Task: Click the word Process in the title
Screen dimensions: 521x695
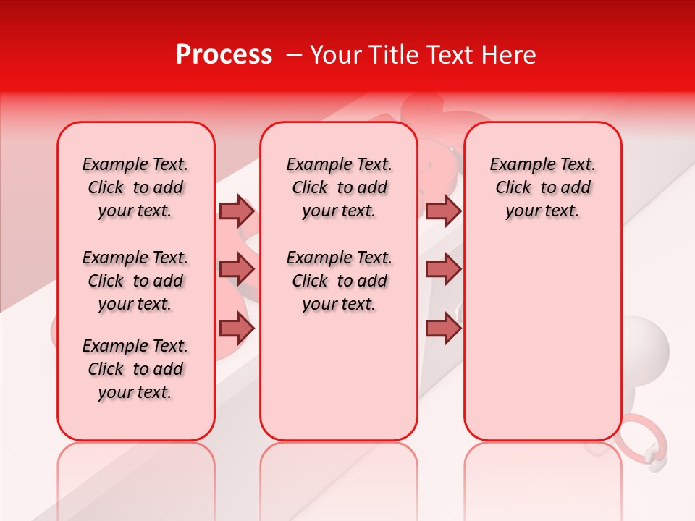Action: pyautogui.click(x=224, y=55)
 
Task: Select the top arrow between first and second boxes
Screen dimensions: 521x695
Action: pyautogui.click(x=237, y=211)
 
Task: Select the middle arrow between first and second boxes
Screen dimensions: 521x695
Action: pyautogui.click(x=237, y=269)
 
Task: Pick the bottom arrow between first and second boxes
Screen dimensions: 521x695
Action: pyautogui.click(x=237, y=328)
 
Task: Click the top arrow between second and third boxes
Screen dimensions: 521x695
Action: pyautogui.click(x=443, y=211)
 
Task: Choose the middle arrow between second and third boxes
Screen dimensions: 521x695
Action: pyautogui.click(x=443, y=269)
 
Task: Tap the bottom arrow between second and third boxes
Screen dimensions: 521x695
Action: pyautogui.click(x=443, y=328)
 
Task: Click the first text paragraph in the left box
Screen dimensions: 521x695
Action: pyautogui.click(x=135, y=187)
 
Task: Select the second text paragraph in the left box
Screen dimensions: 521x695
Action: pyautogui.click(x=135, y=281)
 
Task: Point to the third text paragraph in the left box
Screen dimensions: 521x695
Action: pyautogui.click(x=135, y=369)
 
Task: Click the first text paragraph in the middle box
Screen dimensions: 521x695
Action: pyautogui.click(x=339, y=187)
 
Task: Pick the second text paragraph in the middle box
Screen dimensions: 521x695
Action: pyautogui.click(x=339, y=281)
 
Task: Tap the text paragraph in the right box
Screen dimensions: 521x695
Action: pyautogui.click(x=542, y=187)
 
